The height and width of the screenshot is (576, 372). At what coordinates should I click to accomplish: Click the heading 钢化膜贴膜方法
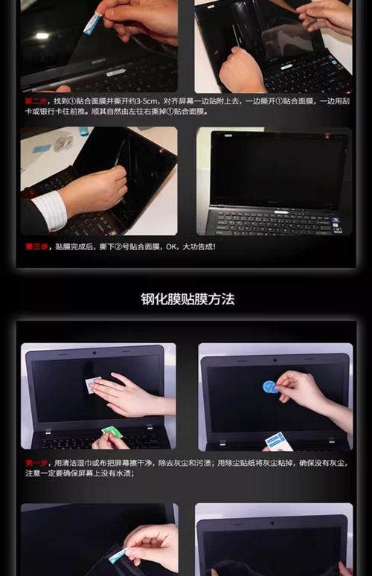coord(187,299)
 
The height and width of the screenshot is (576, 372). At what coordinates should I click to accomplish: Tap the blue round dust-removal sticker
coord(269,387)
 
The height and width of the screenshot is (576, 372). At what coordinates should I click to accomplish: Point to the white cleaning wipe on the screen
coord(94,384)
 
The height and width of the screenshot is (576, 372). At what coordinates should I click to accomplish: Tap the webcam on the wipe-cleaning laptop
coord(94,351)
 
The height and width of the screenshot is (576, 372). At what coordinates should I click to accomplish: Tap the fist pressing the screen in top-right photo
coord(240,71)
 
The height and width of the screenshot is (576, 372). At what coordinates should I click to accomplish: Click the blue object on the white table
coord(40,148)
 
